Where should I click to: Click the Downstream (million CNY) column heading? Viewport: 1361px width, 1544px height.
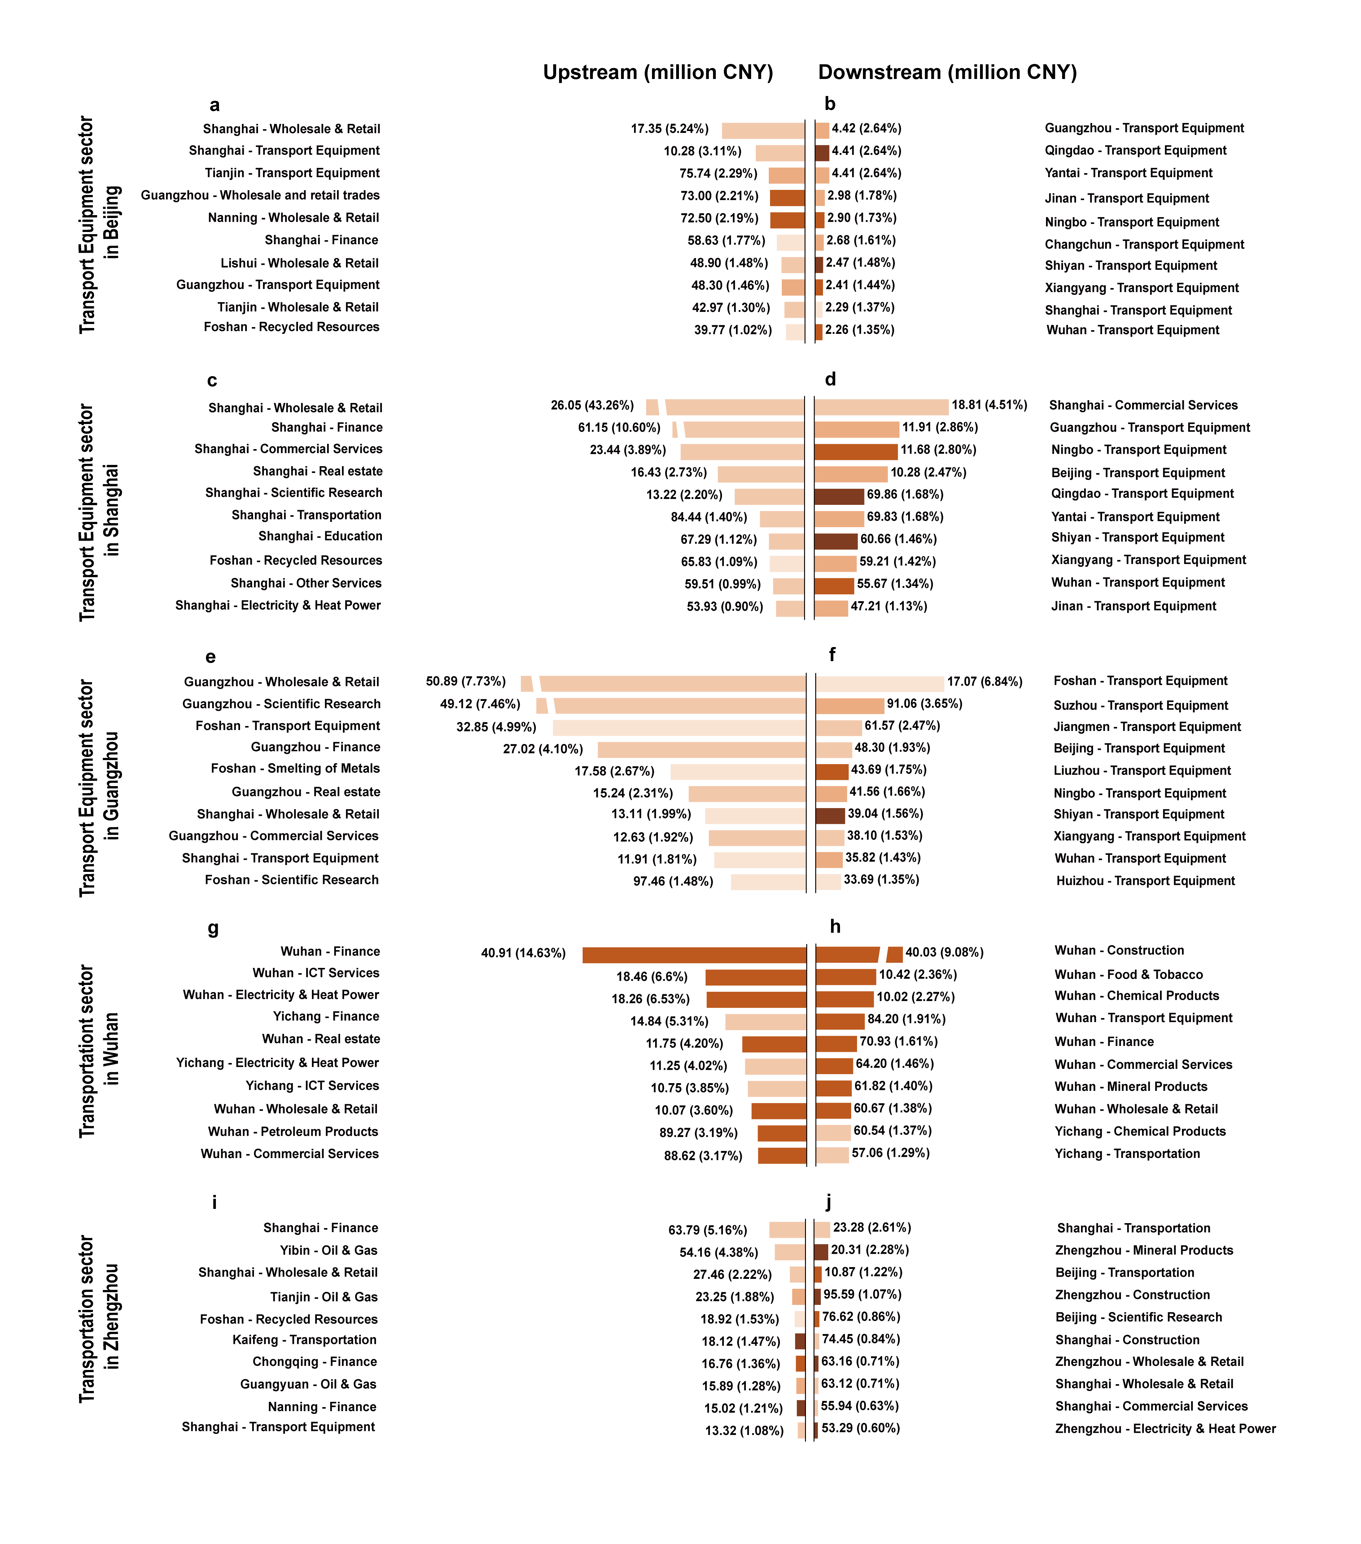pyautogui.click(x=947, y=72)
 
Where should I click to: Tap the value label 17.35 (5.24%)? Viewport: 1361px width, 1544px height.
pyautogui.click(x=669, y=129)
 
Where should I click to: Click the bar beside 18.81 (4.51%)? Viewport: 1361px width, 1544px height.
pyautogui.click(x=881, y=406)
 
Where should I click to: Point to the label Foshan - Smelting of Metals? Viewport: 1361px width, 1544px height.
pyautogui.click(x=295, y=768)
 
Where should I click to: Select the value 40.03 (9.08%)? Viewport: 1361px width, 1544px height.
pyautogui.click(x=944, y=952)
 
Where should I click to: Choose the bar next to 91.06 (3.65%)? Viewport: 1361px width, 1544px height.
pyautogui.click(x=850, y=706)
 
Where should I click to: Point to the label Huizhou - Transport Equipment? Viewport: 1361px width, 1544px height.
pyautogui.click(x=1145, y=881)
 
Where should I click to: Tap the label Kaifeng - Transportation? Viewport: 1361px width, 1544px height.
pyautogui.click(x=304, y=1339)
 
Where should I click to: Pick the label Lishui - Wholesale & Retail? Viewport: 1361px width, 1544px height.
pyautogui.click(x=299, y=263)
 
